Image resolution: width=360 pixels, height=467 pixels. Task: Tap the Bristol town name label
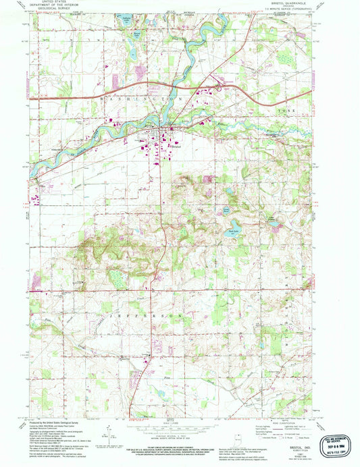[x=177, y=144]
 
